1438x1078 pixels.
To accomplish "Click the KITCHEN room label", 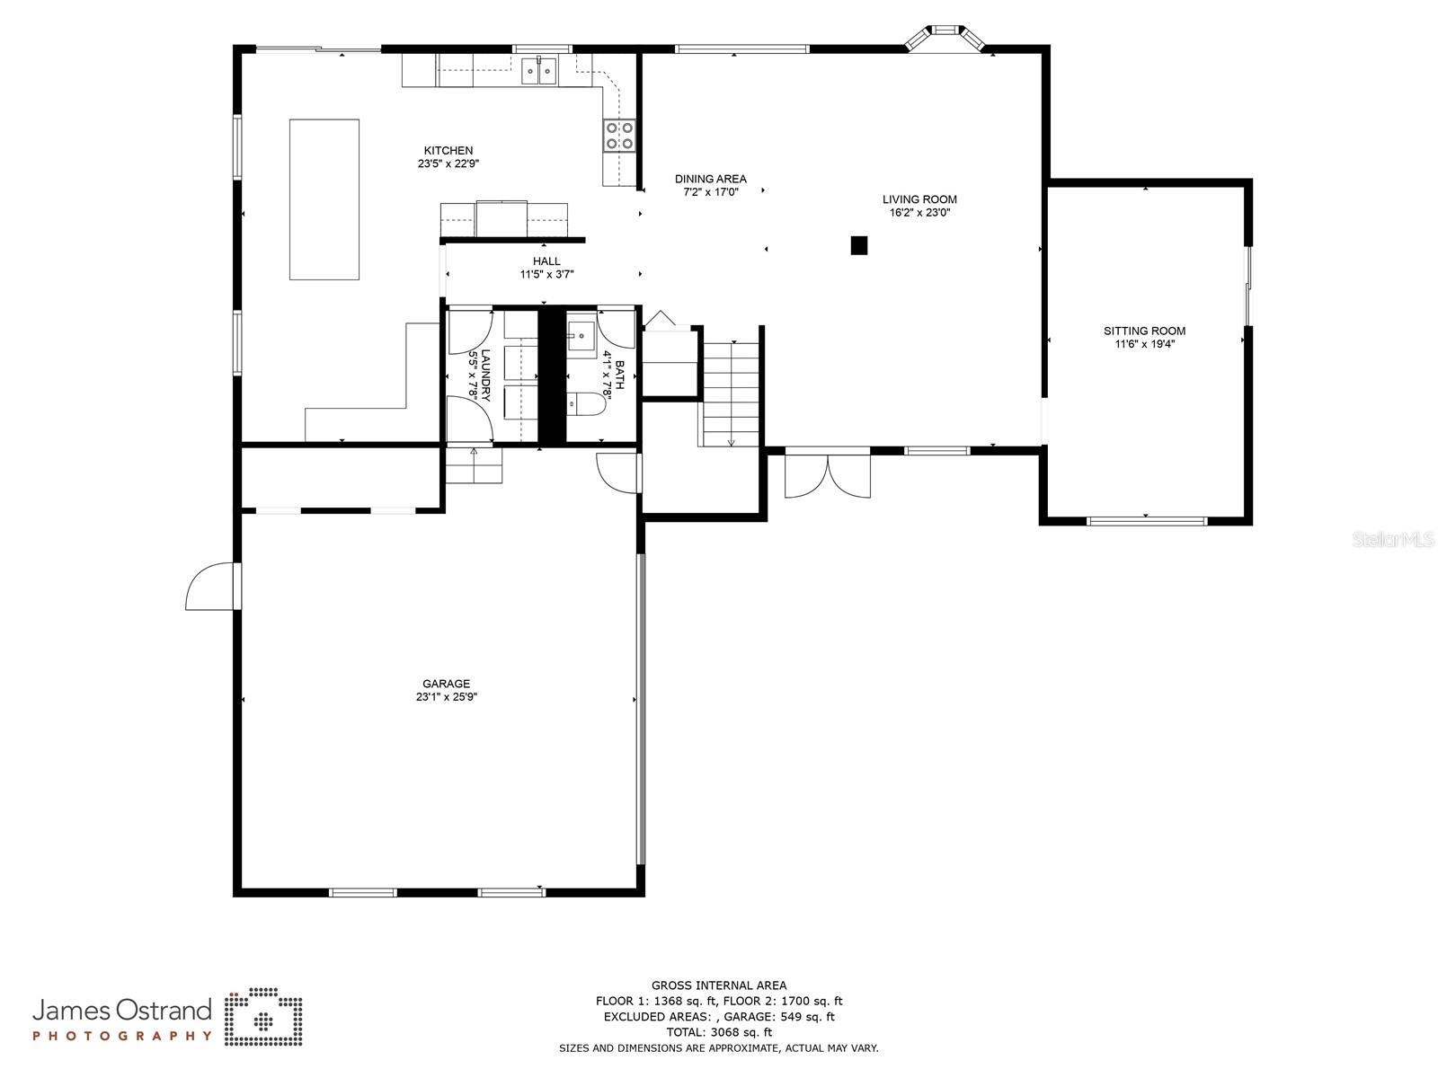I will (x=448, y=151).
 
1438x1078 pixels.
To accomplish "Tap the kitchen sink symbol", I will (x=539, y=70).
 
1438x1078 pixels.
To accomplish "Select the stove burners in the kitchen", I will (x=619, y=135).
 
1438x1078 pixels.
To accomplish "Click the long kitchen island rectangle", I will (x=324, y=199).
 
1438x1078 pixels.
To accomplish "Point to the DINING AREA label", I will (x=710, y=179).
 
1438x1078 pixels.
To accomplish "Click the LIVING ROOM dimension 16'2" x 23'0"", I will (x=919, y=213).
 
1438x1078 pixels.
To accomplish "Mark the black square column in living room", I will (x=859, y=244).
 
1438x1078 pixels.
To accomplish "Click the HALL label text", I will (x=546, y=261).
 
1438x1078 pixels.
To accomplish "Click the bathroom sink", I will (x=580, y=338).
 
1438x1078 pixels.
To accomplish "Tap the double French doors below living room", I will (x=828, y=476).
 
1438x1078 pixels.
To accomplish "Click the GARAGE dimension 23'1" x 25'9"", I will (x=447, y=696).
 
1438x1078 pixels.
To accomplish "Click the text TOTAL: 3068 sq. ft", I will (x=719, y=1032).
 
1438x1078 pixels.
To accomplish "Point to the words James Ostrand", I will (x=122, y=1011).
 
